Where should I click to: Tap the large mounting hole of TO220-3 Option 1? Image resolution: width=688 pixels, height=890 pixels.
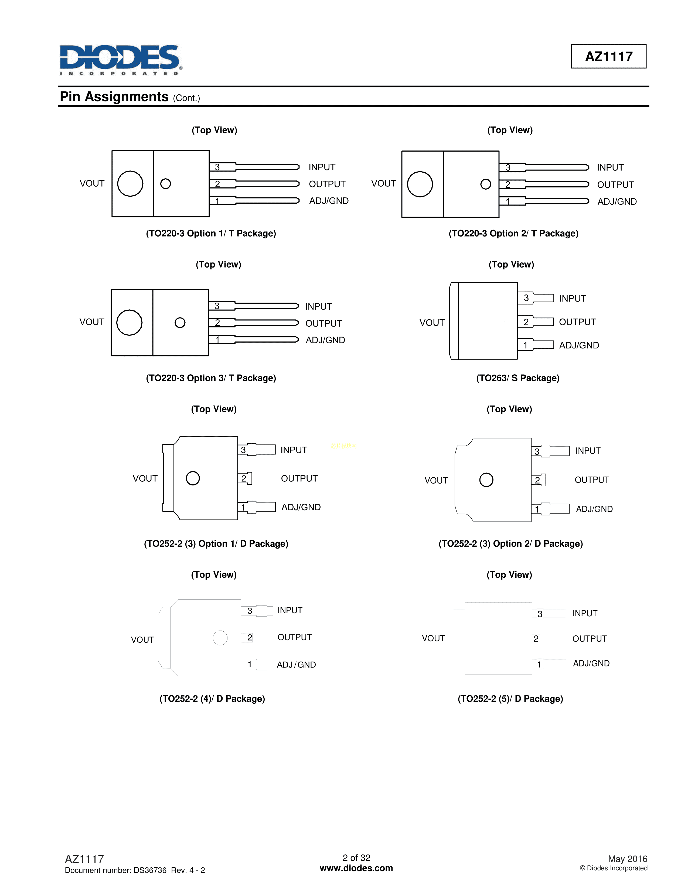coord(130,183)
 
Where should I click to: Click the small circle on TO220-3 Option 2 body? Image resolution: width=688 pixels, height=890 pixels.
coord(485,184)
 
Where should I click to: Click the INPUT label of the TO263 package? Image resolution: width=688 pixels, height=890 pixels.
coord(572,298)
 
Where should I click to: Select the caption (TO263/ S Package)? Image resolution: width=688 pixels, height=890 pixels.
coord(518,378)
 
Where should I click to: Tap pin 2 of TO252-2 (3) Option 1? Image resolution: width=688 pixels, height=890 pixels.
coord(244,478)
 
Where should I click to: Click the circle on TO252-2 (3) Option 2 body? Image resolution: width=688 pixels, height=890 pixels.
coord(486,480)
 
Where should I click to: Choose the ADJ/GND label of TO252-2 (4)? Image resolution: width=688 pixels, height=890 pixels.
coord(296,665)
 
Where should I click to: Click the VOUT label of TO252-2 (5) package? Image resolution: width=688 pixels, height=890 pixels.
coord(433,638)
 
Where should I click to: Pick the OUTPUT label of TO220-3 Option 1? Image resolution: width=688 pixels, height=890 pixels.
coord(327,184)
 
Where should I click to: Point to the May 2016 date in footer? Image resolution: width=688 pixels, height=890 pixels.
coord(627,859)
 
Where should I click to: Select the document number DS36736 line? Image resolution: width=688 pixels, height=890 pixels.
coord(135,870)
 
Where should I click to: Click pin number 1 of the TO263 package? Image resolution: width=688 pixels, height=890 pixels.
coord(525,345)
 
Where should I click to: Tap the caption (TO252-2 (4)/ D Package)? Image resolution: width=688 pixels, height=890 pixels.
coord(212,699)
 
